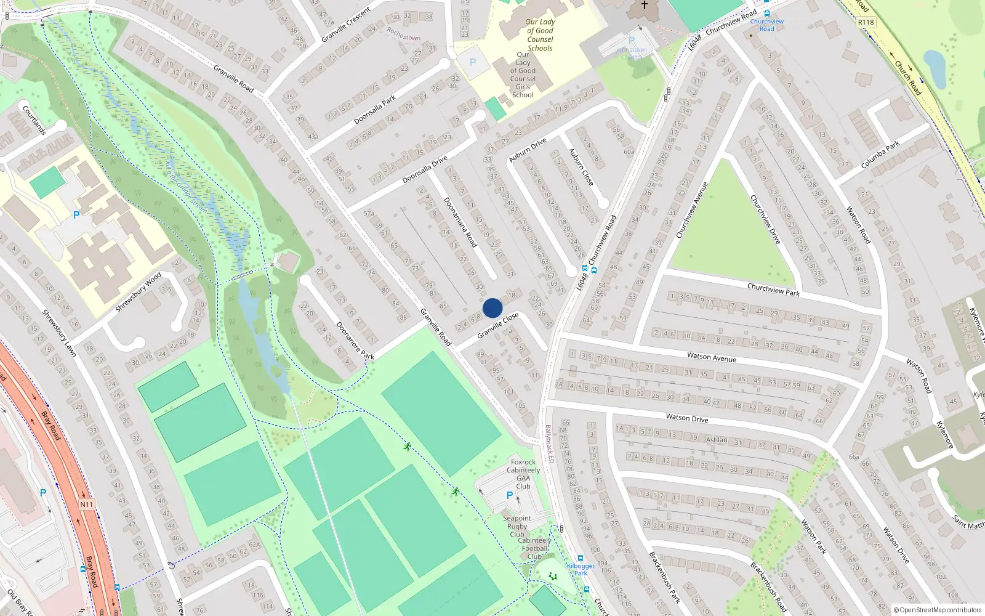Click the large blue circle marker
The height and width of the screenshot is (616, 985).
(492, 308)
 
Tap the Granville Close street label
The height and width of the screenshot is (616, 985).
(498, 325)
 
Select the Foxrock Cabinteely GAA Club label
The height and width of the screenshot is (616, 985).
(523, 474)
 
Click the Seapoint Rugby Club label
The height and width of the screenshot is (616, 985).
(517, 526)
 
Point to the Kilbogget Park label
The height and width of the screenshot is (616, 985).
(581, 569)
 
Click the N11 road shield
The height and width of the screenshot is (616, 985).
(87, 505)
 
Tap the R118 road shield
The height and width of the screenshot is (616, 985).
(866, 22)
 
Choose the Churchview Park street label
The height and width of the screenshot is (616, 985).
(773, 290)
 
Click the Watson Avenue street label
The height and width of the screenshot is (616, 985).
(712, 357)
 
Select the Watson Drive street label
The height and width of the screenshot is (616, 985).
(687, 418)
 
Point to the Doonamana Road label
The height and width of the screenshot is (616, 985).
(460, 222)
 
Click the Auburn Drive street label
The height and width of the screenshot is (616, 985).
(528, 150)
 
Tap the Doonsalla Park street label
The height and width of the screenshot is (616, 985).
(375, 110)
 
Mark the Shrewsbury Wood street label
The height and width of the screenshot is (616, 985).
(138, 291)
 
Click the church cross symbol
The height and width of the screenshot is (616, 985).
(644, 6)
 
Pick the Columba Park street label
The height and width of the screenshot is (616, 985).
(880, 155)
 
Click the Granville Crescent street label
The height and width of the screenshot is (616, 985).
(346, 25)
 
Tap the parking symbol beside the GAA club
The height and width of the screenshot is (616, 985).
(509, 495)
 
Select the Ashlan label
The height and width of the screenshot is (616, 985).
(717, 440)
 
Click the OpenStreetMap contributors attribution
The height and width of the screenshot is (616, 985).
(938, 610)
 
